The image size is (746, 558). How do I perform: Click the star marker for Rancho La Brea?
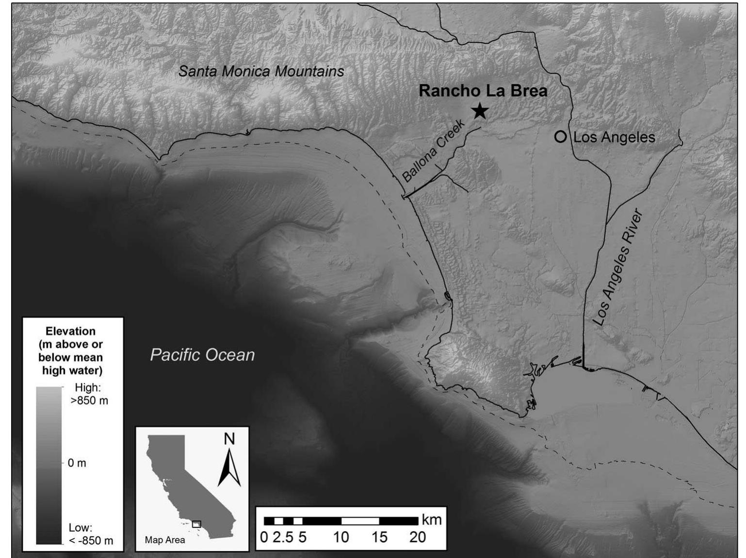(x=480, y=111)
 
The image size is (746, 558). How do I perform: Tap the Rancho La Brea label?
(x=483, y=91)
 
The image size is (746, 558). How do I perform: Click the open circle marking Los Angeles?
(x=561, y=137)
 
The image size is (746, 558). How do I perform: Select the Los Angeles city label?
(x=614, y=137)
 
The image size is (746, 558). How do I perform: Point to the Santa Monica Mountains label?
(x=261, y=71)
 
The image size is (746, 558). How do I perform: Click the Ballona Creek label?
(x=434, y=152)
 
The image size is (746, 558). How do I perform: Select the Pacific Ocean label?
(x=202, y=355)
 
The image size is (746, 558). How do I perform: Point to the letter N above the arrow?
(x=229, y=439)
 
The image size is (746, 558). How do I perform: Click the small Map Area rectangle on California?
(x=196, y=524)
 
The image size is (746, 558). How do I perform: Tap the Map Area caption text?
(x=165, y=540)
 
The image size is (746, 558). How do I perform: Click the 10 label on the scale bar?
(x=341, y=537)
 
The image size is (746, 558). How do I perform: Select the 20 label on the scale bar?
(x=418, y=537)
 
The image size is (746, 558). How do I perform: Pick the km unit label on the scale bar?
(x=432, y=520)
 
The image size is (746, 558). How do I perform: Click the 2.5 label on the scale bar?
(x=283, y=537)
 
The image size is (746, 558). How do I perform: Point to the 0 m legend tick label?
(x=77, y=463)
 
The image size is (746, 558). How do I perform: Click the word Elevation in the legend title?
(x=71, y=331)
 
